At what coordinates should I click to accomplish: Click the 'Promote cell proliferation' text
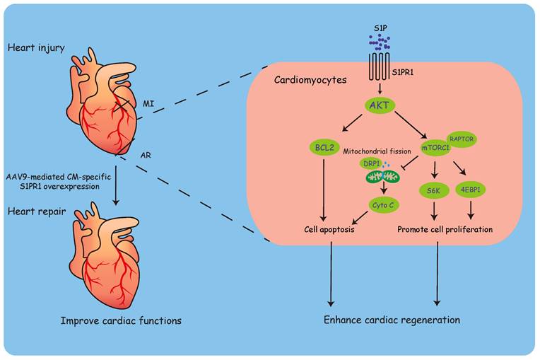(x=445, y=230)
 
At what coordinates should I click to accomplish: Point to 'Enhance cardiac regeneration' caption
(x=392, y=320)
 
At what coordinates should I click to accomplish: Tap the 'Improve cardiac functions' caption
(x=120, y=320)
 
